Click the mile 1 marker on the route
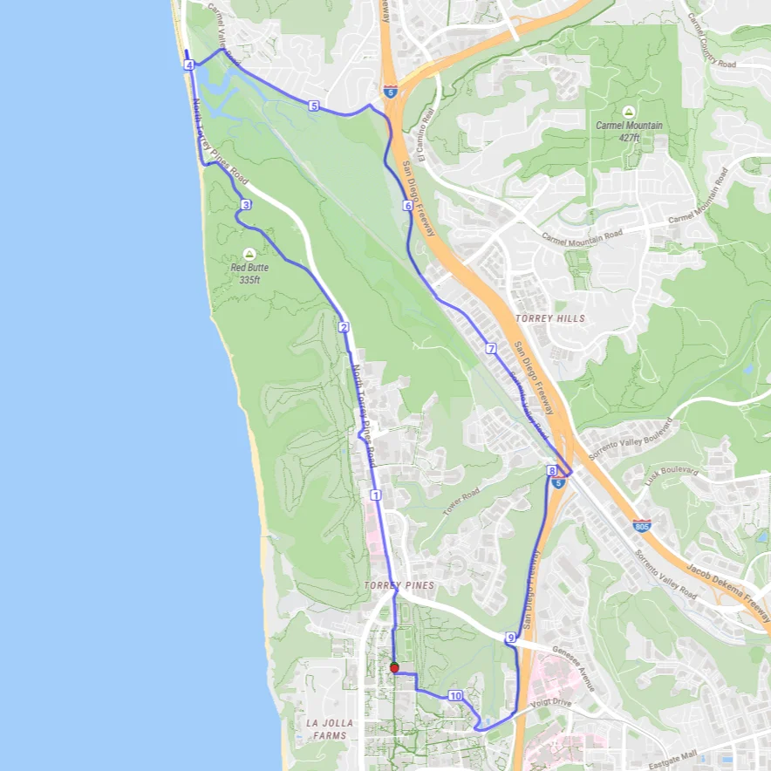pos(376,495)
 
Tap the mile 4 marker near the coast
pos(189,65)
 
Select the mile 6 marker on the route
pos(407,206)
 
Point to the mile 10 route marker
pos(454,696)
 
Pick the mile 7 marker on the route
pos(491,349)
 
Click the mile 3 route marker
pos(246,205)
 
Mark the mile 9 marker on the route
pos(510,638)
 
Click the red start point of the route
pos(394,667)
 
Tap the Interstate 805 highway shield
pos(642,526)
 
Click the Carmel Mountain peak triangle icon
pos(629,112)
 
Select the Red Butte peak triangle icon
pos(250,253)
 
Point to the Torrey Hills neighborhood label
pos(550,318)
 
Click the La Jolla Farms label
pos(330,729)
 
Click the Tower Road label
pos(461,503)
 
